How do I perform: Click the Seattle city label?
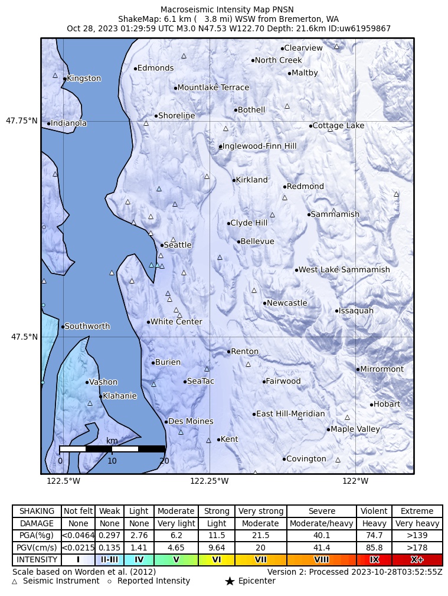click(178, 245)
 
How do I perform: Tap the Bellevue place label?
click(257, 242)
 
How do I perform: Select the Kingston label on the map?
click(84, 79)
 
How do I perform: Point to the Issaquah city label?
click(356, 311)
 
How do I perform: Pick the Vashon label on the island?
click(103, 382)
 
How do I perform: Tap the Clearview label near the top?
click(303, 48)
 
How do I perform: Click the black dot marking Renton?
click(229, 351)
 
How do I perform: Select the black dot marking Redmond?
click(285, 187)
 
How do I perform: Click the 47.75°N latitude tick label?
click(22, 121)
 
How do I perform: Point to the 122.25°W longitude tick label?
click(209, 481)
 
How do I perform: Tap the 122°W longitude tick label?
click(355, 481)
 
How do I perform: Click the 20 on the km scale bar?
click(164, 461)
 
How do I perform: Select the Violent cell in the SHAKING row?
click(374, 511)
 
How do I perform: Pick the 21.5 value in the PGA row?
click(260, 535)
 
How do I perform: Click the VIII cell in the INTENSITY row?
click(322, 559)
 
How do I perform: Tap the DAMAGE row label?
click(37, 523)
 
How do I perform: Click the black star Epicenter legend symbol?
click(230, 582)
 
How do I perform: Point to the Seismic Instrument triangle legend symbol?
click(15, 582)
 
